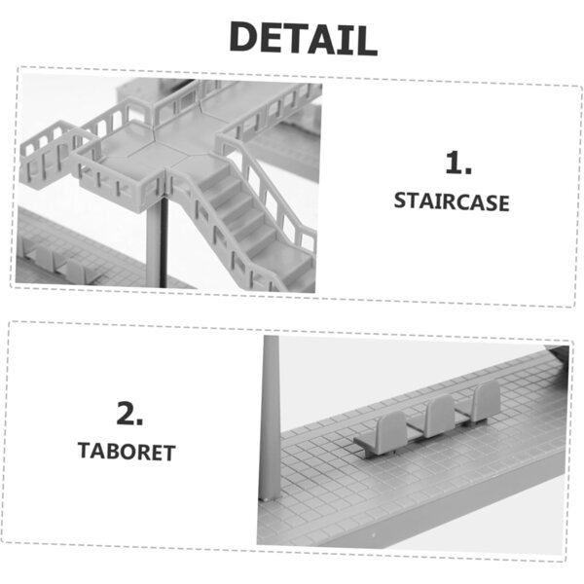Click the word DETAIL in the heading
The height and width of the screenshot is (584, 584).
[x=303, y=38]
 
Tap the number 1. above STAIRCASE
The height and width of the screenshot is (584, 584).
[x=458, y=164]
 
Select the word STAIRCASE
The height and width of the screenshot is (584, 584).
[x=452, y=201]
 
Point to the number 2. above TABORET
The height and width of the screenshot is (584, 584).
[x=129, y=413]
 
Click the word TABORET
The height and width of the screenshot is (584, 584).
[x=127, y=452]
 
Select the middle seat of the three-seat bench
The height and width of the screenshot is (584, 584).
[x=440, y=416]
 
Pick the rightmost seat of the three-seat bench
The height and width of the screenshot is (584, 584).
[x=486, y=401]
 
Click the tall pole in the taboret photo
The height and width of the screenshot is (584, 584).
[x=270, y=418]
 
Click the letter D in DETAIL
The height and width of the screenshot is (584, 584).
[x=245, y=37]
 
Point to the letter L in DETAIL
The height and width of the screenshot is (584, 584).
[x=366, y=40]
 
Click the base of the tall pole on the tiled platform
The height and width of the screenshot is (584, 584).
[x=269, y=497]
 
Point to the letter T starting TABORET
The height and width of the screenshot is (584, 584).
[x=85, y=451]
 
